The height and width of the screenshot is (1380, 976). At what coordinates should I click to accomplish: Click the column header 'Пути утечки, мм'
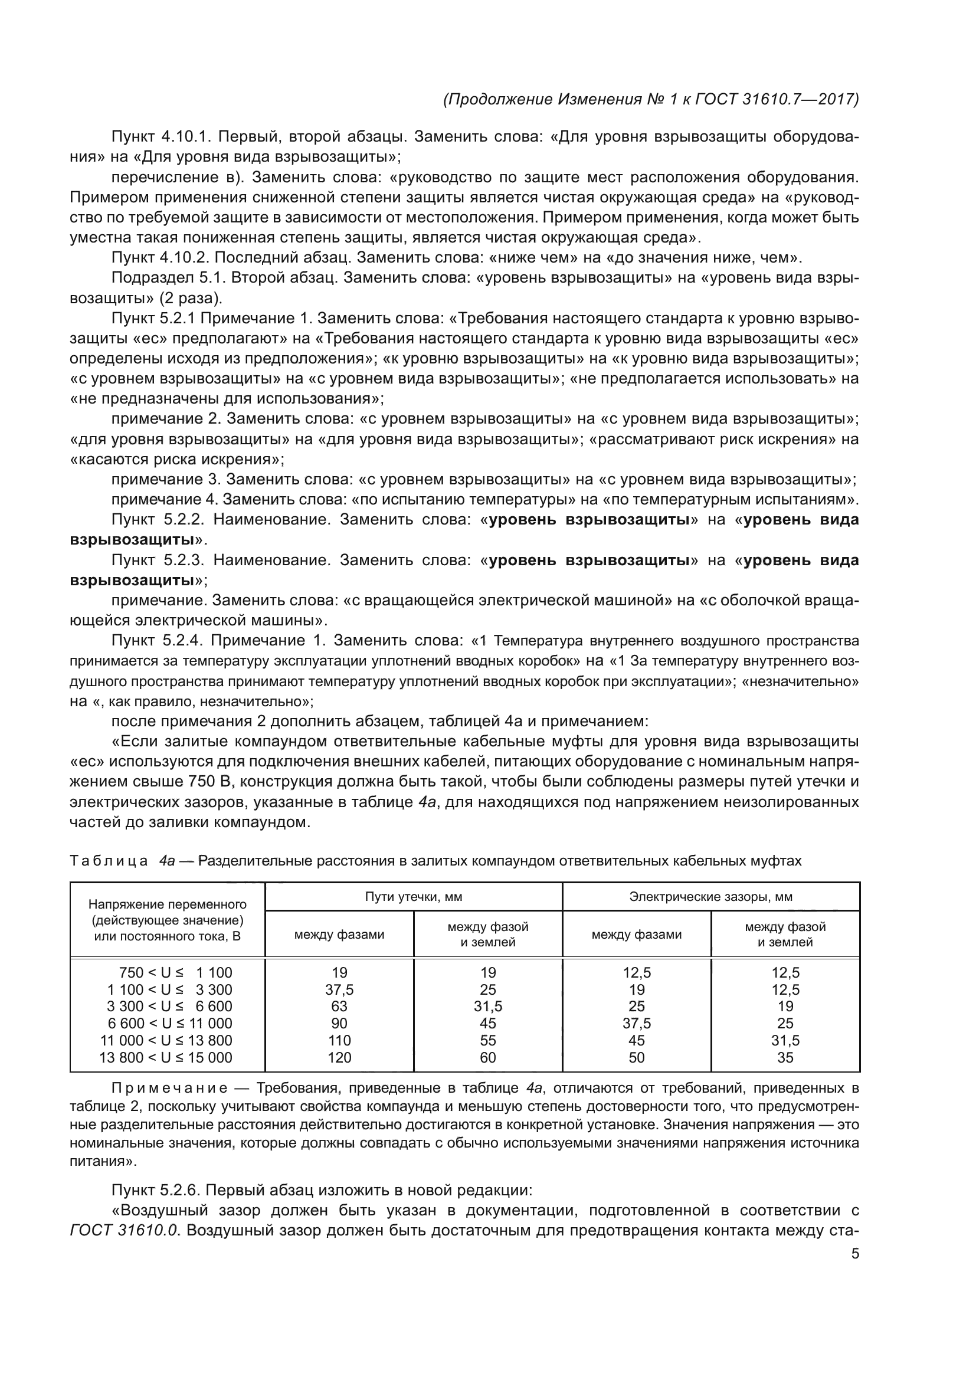pos(414,897)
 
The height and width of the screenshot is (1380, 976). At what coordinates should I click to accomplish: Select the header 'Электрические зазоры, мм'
pos(710,897)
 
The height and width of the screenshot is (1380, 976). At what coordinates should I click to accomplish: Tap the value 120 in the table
pos(339,1057)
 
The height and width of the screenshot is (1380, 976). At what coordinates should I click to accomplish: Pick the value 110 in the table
pos(339,1040)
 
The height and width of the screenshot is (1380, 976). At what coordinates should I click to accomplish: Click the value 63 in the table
pos(339,1006)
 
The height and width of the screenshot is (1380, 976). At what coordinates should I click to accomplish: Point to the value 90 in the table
pos(339,1024)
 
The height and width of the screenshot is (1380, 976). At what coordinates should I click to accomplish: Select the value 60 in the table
pos(487,1057)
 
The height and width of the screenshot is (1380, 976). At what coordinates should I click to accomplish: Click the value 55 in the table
pos(487,1040)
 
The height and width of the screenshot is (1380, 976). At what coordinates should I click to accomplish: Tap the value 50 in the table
pos(636,1057)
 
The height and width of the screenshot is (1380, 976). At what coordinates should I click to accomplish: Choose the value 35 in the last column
pos(785,1057)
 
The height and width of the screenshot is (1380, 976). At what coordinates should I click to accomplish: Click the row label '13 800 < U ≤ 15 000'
pos(166,1057)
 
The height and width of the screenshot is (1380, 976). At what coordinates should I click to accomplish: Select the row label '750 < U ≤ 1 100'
pos(175,972)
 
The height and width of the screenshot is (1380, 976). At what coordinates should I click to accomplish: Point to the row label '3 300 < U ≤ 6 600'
pos(169,1006)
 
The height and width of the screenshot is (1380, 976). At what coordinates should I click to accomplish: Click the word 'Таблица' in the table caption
pos(109,861)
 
